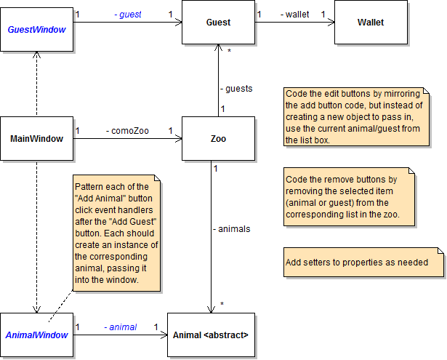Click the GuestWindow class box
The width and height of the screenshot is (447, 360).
coord(36,29)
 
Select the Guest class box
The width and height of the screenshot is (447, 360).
coord(218,23)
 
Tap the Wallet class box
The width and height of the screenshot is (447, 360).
coord(371,23)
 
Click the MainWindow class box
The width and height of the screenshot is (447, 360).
coord(36,138)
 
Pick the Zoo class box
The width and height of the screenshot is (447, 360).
coord(218,138)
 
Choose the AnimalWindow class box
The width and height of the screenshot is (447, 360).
coord(36,335)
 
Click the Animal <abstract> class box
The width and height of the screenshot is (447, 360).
coord(211,335)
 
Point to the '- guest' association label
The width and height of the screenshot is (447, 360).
coord(127,14)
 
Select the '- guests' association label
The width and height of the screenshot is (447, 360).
coord(236,89)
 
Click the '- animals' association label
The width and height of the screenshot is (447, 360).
coord(231,228)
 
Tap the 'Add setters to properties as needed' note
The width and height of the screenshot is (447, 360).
coord(355,263)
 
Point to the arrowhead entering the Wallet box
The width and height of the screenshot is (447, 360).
coord(331,23)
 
